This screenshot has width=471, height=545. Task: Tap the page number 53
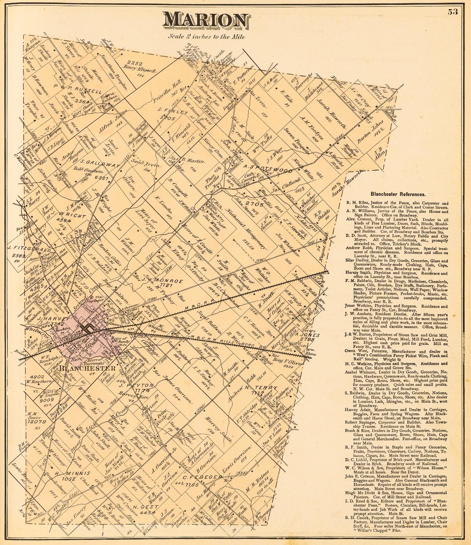pyautogui.click(x=453, y=12)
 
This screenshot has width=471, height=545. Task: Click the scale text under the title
pyautogui.click(x=206, y=37)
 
